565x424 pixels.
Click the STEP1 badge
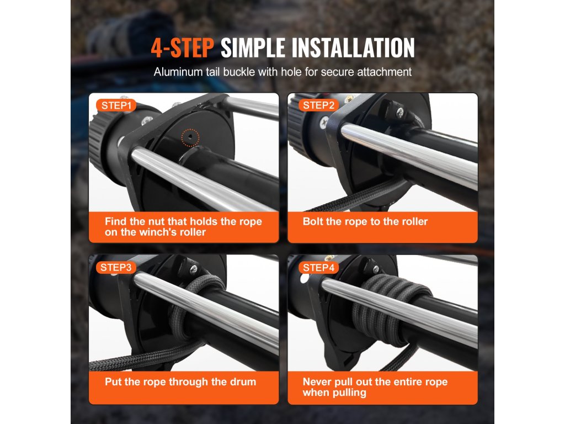click(116, 105)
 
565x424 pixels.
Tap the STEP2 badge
click(318, 105)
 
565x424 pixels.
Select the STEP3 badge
click(116, 267)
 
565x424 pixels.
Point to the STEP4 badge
click(318, 267)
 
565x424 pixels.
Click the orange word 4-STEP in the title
click(182, 48)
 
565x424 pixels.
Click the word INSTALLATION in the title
click(353, 48)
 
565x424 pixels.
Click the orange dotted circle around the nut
click(190, 137)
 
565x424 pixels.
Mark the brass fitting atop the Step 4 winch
click(329, 258)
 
